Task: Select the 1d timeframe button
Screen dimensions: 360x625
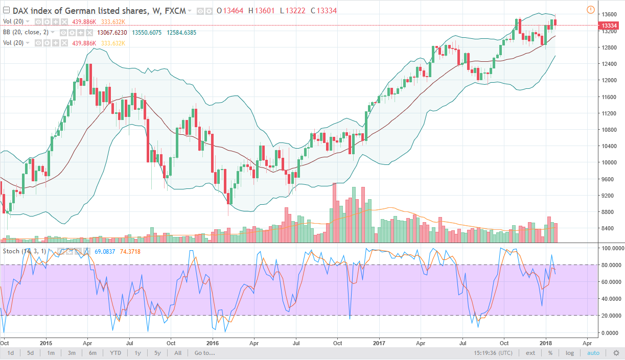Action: tap(11, 353)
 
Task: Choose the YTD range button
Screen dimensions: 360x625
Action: tap(115, 353)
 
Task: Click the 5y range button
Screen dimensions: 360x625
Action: tap(157, 353)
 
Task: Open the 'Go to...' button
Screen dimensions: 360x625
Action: tap(204, 353)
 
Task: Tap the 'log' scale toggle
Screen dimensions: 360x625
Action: tap(570, 353)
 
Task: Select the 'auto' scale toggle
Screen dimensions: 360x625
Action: tap(593, 353)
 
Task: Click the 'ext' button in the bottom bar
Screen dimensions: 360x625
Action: tap(530, 353)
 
